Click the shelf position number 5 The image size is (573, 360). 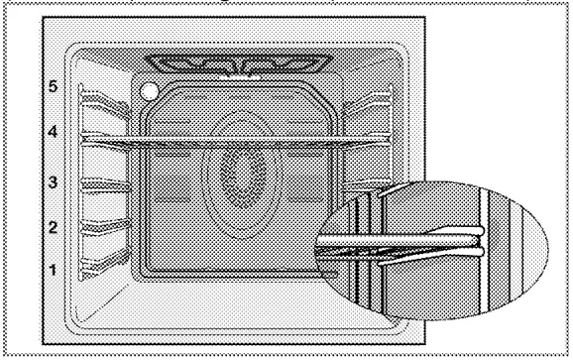[x=52, y=86]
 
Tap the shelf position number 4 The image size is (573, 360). [x=52, y=131]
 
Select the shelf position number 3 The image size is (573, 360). [x=52, y=182]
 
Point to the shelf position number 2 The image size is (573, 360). [x=52, y=227]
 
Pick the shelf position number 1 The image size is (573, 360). [x=52, y=269]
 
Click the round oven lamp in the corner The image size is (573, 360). [x=149, y=92]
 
